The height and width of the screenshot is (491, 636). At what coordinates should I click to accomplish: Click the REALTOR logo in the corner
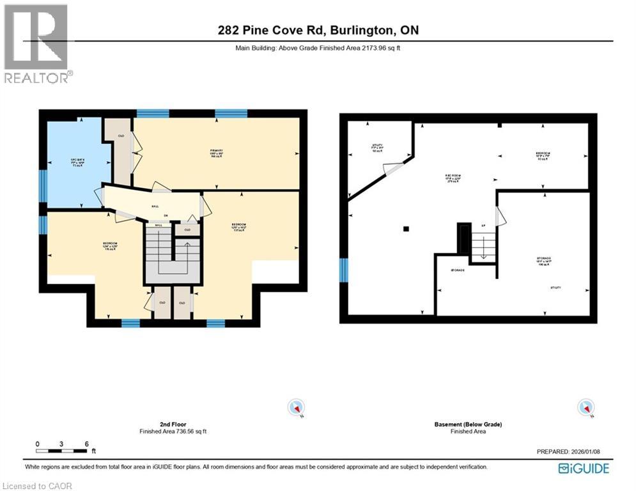36,43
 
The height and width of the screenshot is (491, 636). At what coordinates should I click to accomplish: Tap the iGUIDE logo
583,469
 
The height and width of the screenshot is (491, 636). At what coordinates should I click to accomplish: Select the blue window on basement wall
344,270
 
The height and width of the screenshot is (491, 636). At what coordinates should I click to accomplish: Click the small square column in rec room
405,228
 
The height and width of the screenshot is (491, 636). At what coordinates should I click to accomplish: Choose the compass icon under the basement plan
585,407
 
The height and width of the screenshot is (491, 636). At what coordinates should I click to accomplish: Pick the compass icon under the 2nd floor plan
296,407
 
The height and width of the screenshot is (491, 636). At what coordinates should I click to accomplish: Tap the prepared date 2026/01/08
569,452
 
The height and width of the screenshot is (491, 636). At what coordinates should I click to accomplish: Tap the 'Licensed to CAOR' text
37,486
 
